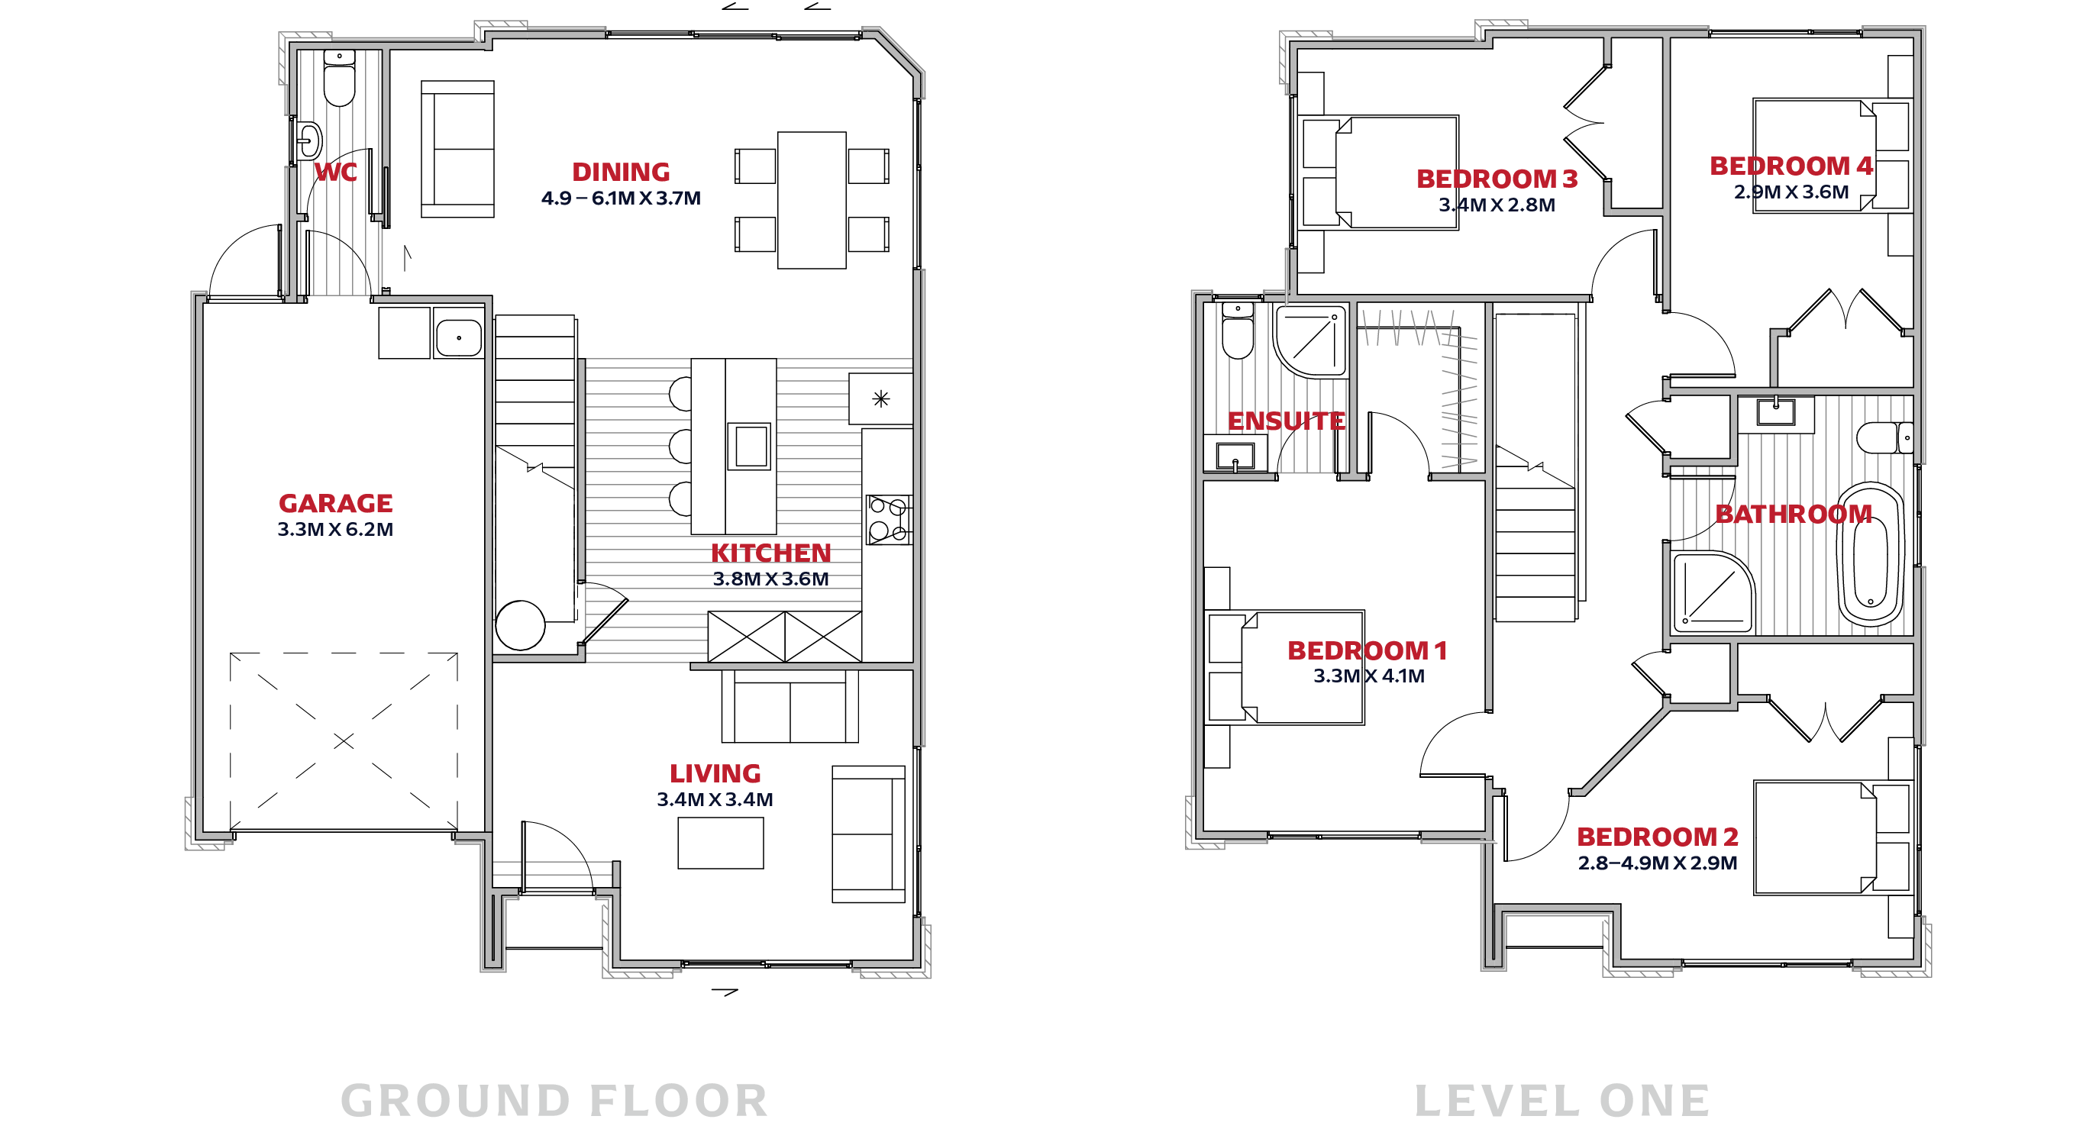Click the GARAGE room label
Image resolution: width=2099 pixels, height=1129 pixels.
pos(336,503)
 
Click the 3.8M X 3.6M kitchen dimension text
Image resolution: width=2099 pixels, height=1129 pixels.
pos(771,579)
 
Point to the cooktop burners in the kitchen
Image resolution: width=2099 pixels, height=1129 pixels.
pos(888,520)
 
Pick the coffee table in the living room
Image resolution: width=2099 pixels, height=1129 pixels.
pos(720,843)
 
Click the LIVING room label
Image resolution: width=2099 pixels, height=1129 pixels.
pos(715,773)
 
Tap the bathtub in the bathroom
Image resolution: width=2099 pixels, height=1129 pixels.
pos(1871,555)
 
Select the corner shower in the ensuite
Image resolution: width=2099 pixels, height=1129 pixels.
pos(1311,341)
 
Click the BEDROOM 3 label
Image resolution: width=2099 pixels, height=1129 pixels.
pos(1497,179)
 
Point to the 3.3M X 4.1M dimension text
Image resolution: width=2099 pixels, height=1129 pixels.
pos(1369,676)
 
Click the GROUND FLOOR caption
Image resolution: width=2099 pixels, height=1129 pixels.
pos(554,1102)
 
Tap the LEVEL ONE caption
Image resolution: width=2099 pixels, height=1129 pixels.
pos(1562,1102)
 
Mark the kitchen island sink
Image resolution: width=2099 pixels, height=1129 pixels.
pos(749,446)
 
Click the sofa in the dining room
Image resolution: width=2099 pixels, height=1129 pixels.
pos(458,149)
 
